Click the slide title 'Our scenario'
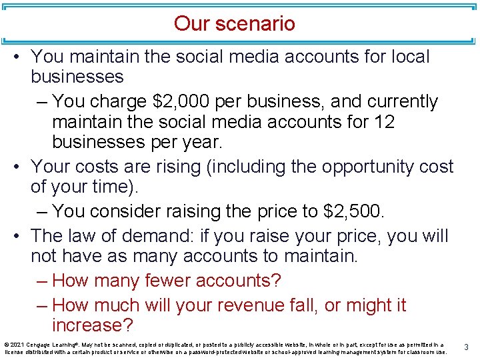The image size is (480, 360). [234, 24]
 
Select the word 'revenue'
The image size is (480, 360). [290, 305]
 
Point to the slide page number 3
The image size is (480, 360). [466, 347]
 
